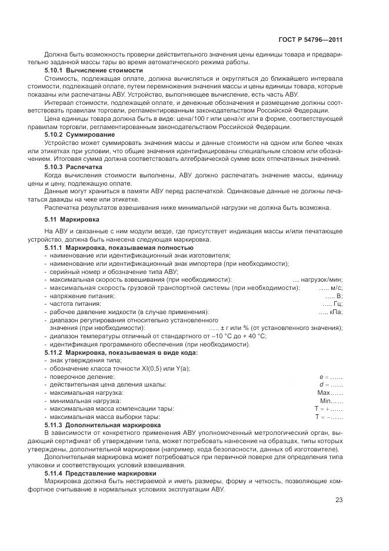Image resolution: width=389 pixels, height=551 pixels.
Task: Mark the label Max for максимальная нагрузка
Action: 325,392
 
